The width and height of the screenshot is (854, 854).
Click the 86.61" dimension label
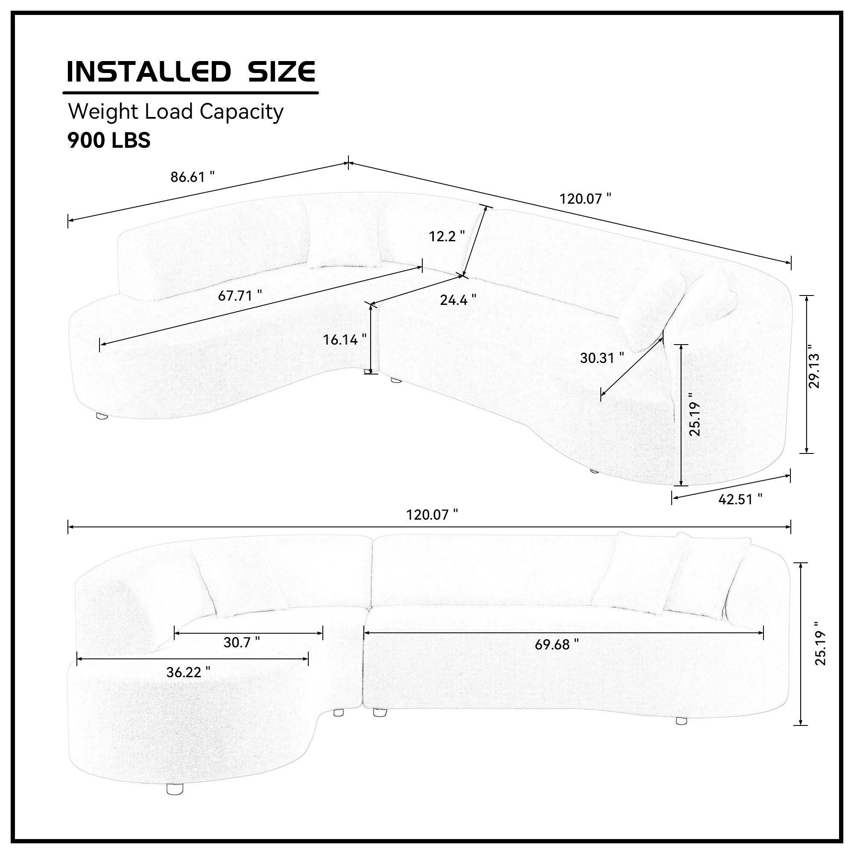coord(193,177)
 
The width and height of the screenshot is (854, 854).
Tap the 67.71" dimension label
coord(240,295)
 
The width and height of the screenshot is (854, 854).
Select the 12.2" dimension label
coord(447,236)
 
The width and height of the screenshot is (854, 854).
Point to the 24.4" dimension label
coord(458,300)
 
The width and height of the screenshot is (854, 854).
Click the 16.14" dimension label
coord(345,339)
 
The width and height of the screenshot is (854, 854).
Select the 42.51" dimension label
coord(740,499)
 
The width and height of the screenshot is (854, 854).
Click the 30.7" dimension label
coord(242,642)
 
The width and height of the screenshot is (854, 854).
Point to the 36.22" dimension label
coord(188,673)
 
